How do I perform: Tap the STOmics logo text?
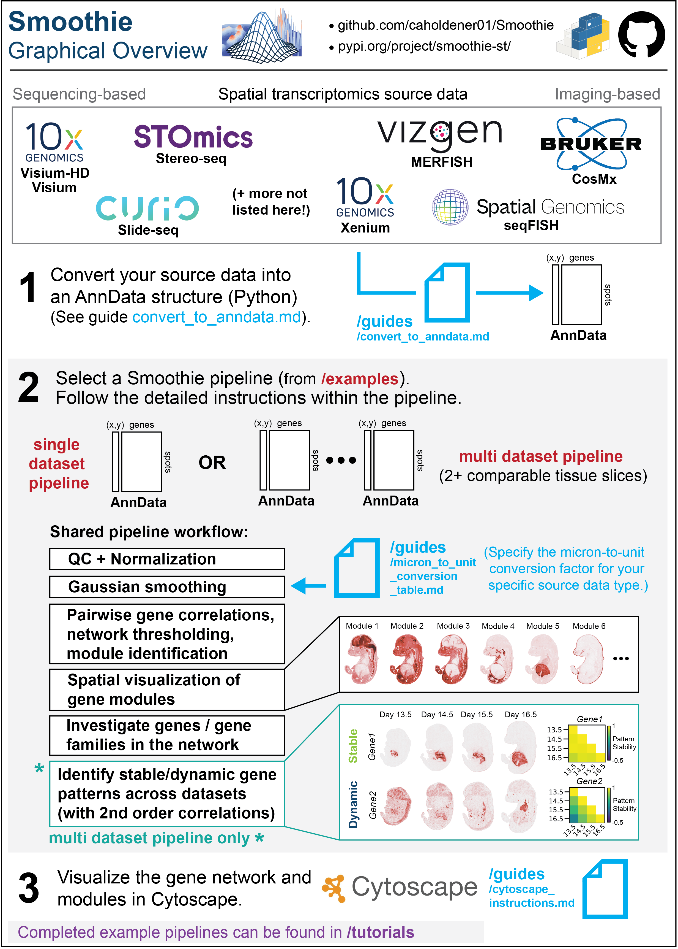[193, 137]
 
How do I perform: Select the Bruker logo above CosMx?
[591, 144]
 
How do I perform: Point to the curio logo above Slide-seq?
[147, 208]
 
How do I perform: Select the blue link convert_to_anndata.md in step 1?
[216, 317]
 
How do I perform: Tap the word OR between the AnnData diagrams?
[212, 463]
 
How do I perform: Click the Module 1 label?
[362, 626]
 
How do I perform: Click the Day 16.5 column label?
[520, 715]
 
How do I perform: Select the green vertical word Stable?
[353, 746]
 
